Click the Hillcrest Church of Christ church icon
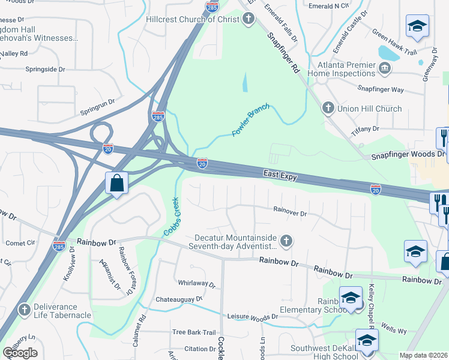click(x=249, y=19)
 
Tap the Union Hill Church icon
click(x=328, y=109)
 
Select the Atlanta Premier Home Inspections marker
click(x=385, y=69)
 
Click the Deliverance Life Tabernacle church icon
click(x=24, y=310)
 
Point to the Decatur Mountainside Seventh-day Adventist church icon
click(x=286, y=241)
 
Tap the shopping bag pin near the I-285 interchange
click(x=116, y=184)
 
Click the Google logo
click(x=20, y=353)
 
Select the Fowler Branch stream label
click(x=250, y=119)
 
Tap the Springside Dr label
click(x=45, y=70)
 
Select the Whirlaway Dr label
click(x=196, y=283)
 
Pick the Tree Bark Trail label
click(x=193, y=332)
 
